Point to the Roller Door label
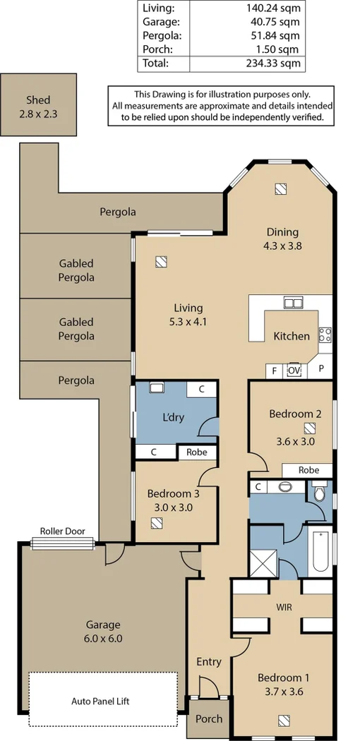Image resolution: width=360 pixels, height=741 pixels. click(62, 531)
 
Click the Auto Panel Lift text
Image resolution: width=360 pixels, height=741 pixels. click(100, 701)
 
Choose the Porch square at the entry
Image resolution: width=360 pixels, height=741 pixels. click(208, 718)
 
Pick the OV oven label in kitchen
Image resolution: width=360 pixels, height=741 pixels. click(294, 370)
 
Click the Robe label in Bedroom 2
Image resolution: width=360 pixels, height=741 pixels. click(308, 470)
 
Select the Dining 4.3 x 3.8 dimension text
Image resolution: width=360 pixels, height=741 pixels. click(282, 246)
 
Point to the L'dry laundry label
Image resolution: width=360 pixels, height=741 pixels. click(173, 417)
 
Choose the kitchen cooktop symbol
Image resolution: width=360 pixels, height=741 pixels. click(325, 335)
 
